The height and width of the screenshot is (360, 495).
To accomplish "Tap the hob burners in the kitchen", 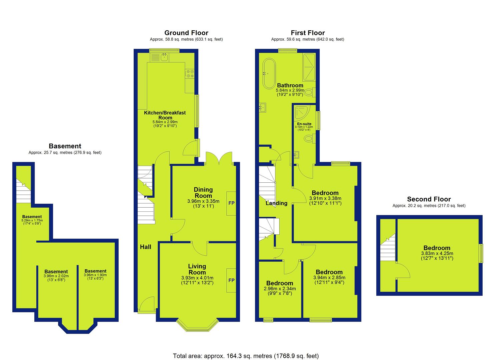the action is point(190,74).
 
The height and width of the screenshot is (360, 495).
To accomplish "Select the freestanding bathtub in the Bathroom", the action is point(269,74).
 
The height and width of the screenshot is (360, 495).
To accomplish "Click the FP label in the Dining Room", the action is point(231,203).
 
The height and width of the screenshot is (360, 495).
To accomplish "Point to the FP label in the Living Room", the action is point(231,280).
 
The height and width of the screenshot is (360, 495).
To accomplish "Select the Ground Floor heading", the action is point(186,33).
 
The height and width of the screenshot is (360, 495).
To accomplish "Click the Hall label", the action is point(146,247).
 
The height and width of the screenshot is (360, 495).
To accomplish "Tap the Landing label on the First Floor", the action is point(276,203).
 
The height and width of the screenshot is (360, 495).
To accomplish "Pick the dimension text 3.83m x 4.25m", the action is point(437,253).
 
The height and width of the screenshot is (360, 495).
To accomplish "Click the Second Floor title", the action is point(429,199).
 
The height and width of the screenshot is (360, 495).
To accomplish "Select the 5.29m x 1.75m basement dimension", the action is point(32,220).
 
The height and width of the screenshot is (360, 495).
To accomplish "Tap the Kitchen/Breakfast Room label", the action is point(165,115).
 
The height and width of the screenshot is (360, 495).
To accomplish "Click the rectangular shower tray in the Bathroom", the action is point(309,67).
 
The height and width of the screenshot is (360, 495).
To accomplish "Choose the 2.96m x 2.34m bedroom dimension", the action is point(280,289).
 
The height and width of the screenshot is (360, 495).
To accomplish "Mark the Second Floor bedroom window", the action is point(481,253).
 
